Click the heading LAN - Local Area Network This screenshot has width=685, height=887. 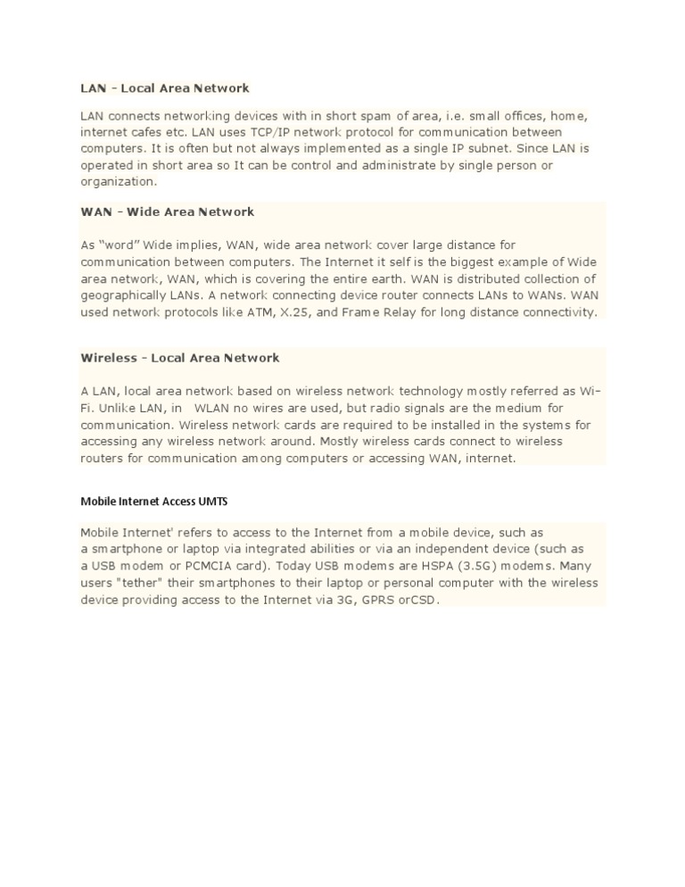[x=165, y=88]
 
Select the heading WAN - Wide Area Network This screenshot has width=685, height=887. [x=167, y=211]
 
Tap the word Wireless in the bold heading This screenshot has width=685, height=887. [x=108, y=358]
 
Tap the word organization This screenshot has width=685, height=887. [x=117, y=181]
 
